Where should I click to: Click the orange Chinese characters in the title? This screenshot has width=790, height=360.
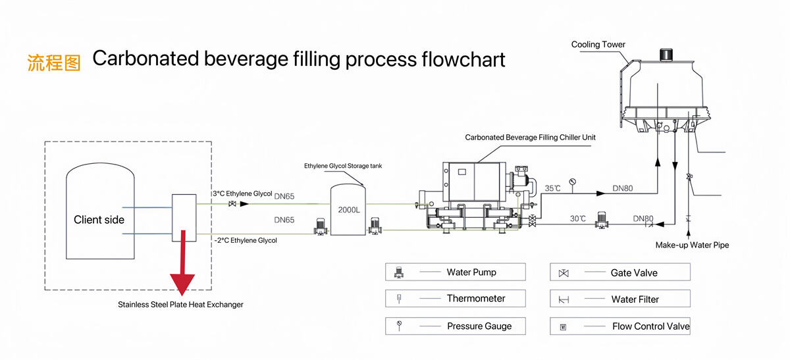click(54, 61)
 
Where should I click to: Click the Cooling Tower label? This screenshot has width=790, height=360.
click(598, 45)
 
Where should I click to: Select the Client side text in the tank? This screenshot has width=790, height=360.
click(99, 220)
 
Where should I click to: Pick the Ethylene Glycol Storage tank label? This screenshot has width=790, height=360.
click(342, 166)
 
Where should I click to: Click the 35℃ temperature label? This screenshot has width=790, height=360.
click(552, 189)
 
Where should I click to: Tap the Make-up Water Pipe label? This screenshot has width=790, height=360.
click(692, 245)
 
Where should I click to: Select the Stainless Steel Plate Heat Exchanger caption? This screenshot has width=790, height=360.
click(180, 305)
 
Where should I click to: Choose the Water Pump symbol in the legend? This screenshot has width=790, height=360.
click(399, 272)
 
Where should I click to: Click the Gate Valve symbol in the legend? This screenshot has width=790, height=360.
click(564, 272)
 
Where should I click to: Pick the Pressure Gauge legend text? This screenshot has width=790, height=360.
click(479, 326)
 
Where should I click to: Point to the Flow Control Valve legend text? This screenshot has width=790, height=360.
click(650, 326)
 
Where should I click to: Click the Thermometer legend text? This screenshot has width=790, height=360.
click(476, 299)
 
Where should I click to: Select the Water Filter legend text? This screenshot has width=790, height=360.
click(635, 299)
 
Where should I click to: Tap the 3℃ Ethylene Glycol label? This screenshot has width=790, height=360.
click(242, 194)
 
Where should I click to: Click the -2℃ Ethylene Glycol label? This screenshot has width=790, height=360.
click(245, 241)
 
